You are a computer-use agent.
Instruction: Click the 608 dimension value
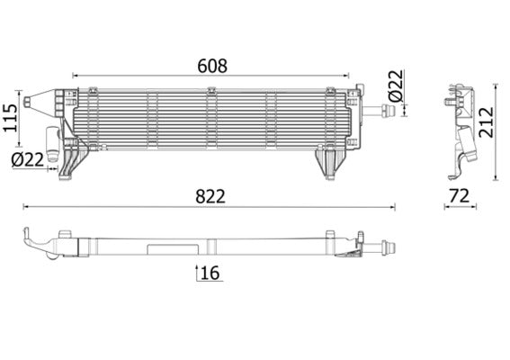(x=212, y=66)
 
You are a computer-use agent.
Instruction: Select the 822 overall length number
(x=210, y=195)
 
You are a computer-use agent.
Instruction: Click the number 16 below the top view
(x=210, y=273)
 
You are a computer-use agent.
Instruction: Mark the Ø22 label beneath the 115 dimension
(x=28, y=159)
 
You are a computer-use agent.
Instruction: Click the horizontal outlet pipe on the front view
(x=383, y=112)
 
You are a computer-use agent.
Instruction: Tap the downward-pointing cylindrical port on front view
(x=53, y=144)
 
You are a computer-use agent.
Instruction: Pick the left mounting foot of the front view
(x=72, y=164)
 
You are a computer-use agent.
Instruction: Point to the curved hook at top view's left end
(x=31, y=238)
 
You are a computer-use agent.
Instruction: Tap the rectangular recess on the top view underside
(x=166, y=247)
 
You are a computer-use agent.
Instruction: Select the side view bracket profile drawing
(x=463, y=130)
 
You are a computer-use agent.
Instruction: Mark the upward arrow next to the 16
(x=197, y=272)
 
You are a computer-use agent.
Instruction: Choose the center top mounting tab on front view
(x=210, y=91)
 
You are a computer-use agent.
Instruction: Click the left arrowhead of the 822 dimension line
(x=25, y=208)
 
